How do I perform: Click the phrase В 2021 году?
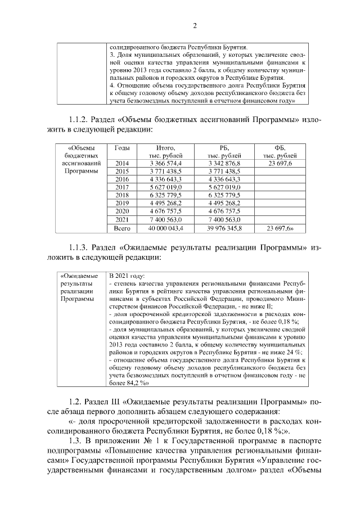pyautogui.click(x=128, y=276)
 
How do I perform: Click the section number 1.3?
pyautogui.click(x=74, y=439)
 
